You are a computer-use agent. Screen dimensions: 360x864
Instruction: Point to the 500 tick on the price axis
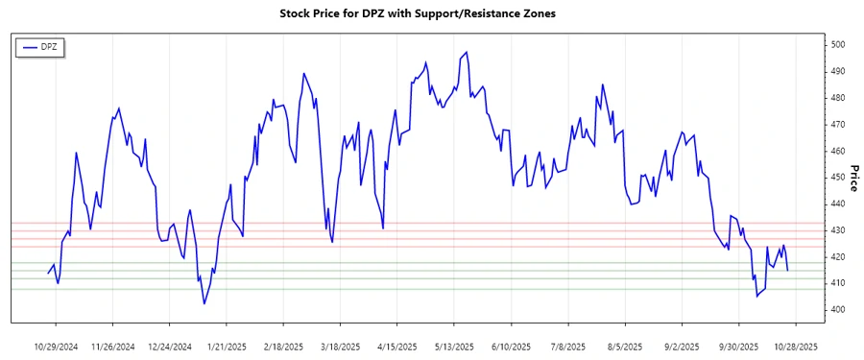pyautogui.click(x=838, y=45)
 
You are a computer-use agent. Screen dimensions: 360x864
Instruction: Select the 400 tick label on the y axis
pyautogui.click(x=838, y=310)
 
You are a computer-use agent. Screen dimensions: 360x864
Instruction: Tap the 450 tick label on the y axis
pyautogui.click(x=838, y=178)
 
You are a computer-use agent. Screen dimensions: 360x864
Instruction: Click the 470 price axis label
pyautogui.click(x=838, y=125)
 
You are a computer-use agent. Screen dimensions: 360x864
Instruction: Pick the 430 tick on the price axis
pyautogui.click(x=838, y=230)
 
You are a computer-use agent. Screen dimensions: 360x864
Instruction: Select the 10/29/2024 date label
pyautogui.click(x=56, y=346)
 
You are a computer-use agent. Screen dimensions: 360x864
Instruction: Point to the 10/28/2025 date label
pyautogui.click(x=796, y=346)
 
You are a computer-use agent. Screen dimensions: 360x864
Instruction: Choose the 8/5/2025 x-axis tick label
pyautogui.click(x=625, y=346)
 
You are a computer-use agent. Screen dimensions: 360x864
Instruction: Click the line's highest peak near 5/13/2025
pyautogui.click(x=467, y=52)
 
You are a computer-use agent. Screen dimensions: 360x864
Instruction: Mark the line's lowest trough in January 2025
pyautogui.click(x=204, y=303)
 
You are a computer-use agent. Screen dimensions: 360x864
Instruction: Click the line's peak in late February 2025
pyautogui.click(x=304, y=73)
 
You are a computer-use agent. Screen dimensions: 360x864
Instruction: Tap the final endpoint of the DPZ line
pyautogui.click(x=788, y=270)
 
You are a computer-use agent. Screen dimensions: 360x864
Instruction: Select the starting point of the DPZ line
pyautogui.click(x=49, y=274)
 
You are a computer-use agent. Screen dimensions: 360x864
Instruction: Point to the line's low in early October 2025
pyautogui.click(x=756, y=296)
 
